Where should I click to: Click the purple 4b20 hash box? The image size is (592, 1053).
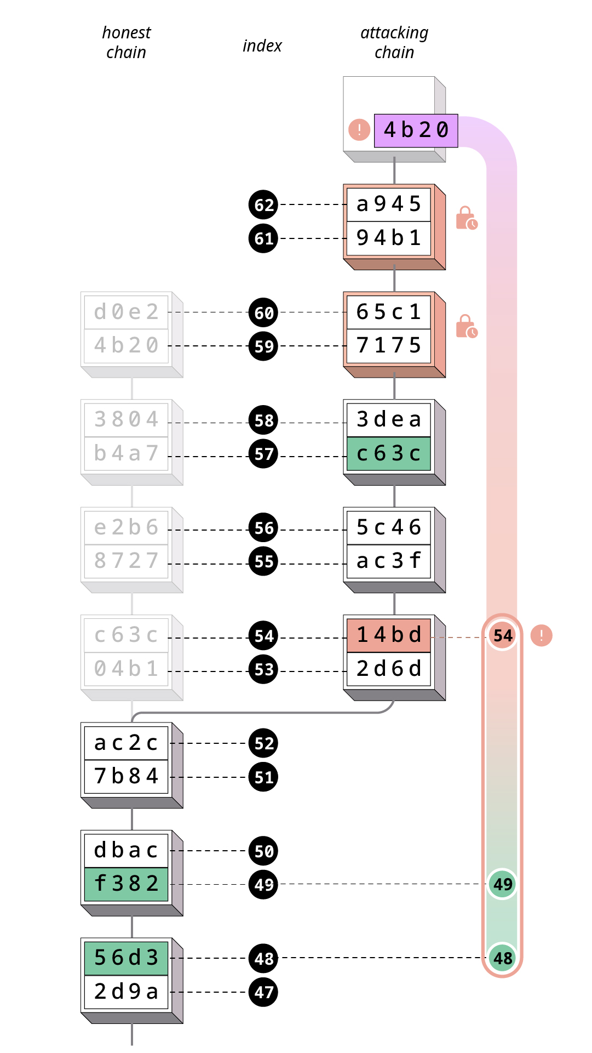click(x=416, y=130)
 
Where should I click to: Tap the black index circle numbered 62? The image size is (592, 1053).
click(x=263, y=205)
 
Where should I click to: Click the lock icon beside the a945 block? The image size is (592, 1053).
click(x=467, y=218)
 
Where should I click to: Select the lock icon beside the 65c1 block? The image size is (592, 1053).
click(x=467, y=326)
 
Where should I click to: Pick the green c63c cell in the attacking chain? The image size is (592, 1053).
click(x=389, y=454)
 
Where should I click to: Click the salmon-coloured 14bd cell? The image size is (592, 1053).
click(x=389, y=635)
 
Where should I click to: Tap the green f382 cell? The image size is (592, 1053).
click(x=127, y=884)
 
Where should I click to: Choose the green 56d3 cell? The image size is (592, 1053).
click(x=127, y=958)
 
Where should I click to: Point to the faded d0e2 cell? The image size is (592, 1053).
click(x=127, y=312)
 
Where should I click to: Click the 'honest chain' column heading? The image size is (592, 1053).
click(x=127, y=43)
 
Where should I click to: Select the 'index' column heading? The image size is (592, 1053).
click(x=262, y=46)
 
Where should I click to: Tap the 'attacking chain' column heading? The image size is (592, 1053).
click(x=394, y=43)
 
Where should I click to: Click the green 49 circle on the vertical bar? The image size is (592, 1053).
click(x=503, y=884)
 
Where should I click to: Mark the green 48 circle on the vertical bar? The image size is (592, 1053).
click(x=503, y=958)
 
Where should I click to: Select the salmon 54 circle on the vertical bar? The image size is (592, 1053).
click(x=503, y=635)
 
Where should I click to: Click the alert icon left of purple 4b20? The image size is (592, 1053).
click(x=359, y=130)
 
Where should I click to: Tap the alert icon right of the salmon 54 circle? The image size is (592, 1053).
click(x=542, y=635)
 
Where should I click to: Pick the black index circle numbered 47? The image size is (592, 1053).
click(x=263, y=992)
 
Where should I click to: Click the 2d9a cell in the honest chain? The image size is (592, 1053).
click(x=127, y=992)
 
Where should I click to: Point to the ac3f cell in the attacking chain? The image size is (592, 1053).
click(x=389, y=561)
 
